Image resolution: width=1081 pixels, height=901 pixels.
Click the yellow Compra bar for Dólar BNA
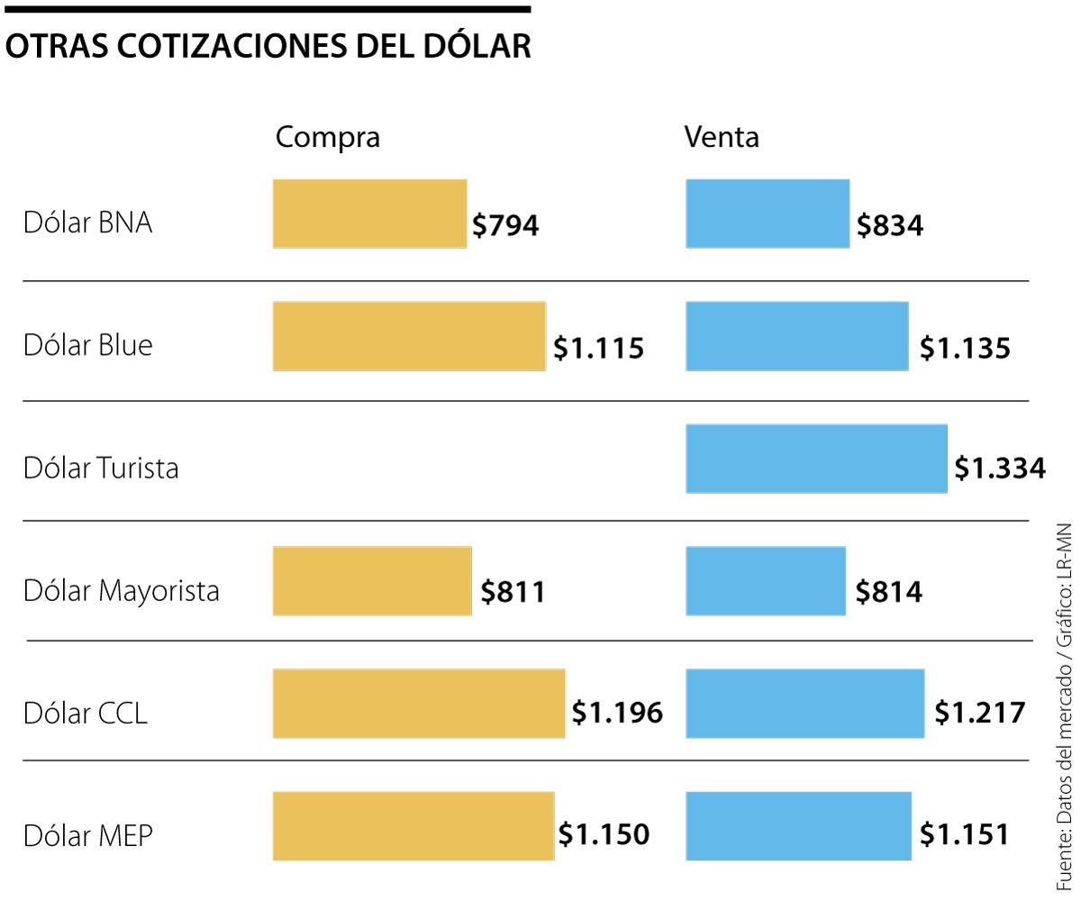(x=369, y=214)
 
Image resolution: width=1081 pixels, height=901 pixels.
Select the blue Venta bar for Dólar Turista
(x=816, y=459)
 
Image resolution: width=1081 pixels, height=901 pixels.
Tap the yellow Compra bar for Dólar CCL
(x=419, y=704)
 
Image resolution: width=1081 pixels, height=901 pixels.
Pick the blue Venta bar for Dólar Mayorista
(x=766, y=581)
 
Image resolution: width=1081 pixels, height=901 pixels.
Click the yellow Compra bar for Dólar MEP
(x=413, y=826)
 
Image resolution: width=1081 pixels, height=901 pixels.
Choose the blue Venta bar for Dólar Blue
(x=796, y=336)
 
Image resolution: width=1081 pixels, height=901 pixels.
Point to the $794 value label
(x=505, y=225)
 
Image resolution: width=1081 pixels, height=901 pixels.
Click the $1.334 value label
(x=1000, y=469)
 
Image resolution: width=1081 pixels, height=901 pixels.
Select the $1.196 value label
(x=618, y=713)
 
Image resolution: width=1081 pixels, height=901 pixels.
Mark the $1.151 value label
(x=964, y=834)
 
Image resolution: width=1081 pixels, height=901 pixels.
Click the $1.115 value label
(x=599, y=348)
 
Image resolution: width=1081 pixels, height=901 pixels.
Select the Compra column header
(x=328, y=137)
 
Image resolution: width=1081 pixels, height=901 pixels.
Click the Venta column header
(x=722, y=137)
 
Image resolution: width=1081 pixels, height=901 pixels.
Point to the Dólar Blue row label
(x=88, y=345)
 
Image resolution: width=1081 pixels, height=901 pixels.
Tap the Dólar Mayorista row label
(x=122, y=591)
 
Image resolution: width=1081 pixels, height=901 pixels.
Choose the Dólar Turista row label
(x=101, y=469)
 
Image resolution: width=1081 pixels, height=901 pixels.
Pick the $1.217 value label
(x=979, y=713)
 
